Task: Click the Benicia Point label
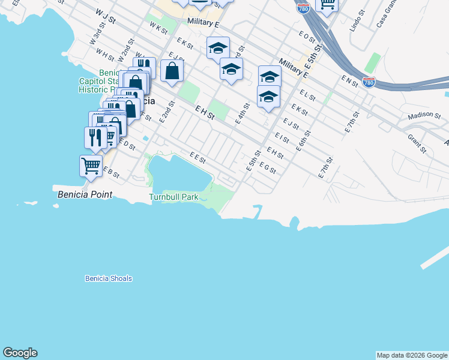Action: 84,195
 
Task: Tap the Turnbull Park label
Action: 173,197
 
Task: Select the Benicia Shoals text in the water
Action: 108,278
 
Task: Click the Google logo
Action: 20,353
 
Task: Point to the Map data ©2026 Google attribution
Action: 412,355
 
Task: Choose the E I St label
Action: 282,139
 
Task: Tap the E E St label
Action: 197,158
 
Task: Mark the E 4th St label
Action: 241,113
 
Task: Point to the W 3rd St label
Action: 97,35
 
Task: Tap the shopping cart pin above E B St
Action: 91,165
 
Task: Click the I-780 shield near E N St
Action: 369,82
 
